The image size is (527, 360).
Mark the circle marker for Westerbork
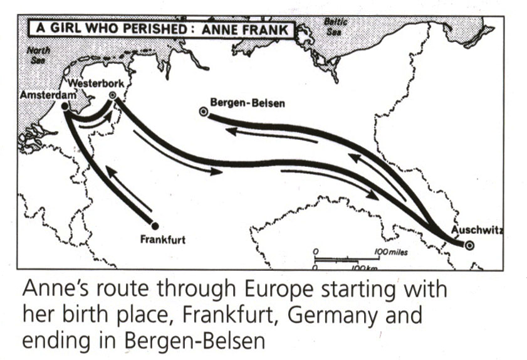(x=112, y=95)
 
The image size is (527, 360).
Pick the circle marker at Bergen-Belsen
(x=203, y=112)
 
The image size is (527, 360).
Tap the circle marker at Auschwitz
(x=469, y=245)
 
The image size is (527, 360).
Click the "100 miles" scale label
(x=392, y=251)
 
